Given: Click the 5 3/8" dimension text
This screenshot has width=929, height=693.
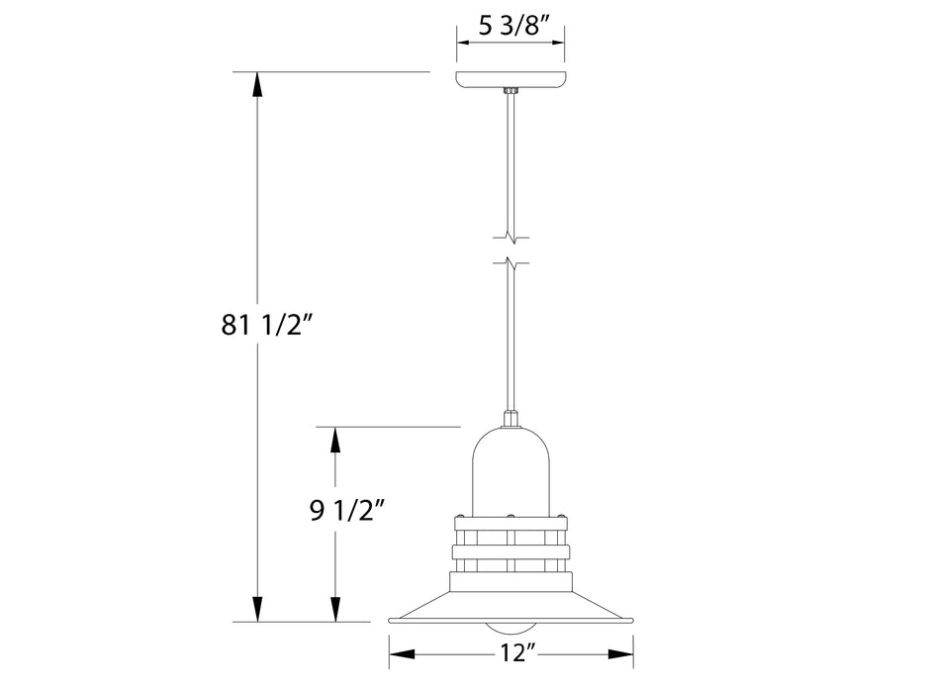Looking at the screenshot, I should (510, 27).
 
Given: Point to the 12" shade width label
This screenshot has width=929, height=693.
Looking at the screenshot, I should (511, 653).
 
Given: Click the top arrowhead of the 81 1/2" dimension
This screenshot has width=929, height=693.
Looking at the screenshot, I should (258, 84).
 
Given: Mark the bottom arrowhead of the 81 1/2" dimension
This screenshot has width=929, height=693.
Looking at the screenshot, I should (258, 610).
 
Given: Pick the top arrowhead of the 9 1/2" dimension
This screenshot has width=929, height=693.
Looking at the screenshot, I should (335, 439).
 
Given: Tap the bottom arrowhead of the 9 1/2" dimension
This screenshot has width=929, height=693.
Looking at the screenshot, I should (335, 610).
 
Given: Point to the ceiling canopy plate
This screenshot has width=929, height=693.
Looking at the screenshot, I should (511, 79).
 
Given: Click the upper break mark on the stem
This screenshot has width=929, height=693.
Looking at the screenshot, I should (511, 238).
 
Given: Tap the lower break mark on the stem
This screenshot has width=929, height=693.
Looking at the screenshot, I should (511, 263).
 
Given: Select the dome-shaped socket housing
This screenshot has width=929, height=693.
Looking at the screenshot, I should (511, 470).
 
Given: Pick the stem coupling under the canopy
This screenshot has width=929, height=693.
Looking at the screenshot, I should (511, 92).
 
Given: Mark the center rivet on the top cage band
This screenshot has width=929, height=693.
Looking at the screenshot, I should (511, 517).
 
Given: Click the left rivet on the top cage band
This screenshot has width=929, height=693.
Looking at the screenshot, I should (459, 517).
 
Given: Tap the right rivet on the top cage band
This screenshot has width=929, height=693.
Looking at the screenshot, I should (562, 517).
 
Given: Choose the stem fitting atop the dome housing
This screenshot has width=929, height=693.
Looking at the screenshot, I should (511, 420).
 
